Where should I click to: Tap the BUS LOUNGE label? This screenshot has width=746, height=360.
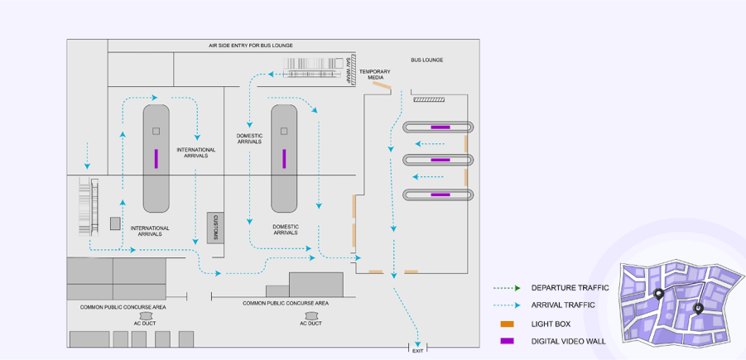[x=427, y=60]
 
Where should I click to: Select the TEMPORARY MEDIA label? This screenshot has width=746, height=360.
[x=375, y=74]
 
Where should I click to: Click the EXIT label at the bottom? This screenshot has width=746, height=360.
[x=417, y=351]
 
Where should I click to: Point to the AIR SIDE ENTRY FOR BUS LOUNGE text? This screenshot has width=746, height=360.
[x=250, y=46]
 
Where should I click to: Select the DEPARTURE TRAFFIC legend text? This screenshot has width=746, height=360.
[x=570, y=288]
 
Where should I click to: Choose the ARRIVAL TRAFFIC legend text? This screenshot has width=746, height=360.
[x=563, y=305]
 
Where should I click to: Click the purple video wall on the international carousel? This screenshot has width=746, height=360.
[x=156, y=158]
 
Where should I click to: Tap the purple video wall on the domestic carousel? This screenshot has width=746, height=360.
[x=284, y=158]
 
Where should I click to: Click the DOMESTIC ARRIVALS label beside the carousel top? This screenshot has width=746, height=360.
[x=249, y=138]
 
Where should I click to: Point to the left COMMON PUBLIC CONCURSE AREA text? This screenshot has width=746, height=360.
[x=123, y=307]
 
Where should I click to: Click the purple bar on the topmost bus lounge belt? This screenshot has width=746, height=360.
[x=440, y=127]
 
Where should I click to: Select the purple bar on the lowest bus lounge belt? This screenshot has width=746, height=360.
[x=440, y=195]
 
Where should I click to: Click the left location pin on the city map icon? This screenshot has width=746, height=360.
[x=659, y=294]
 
